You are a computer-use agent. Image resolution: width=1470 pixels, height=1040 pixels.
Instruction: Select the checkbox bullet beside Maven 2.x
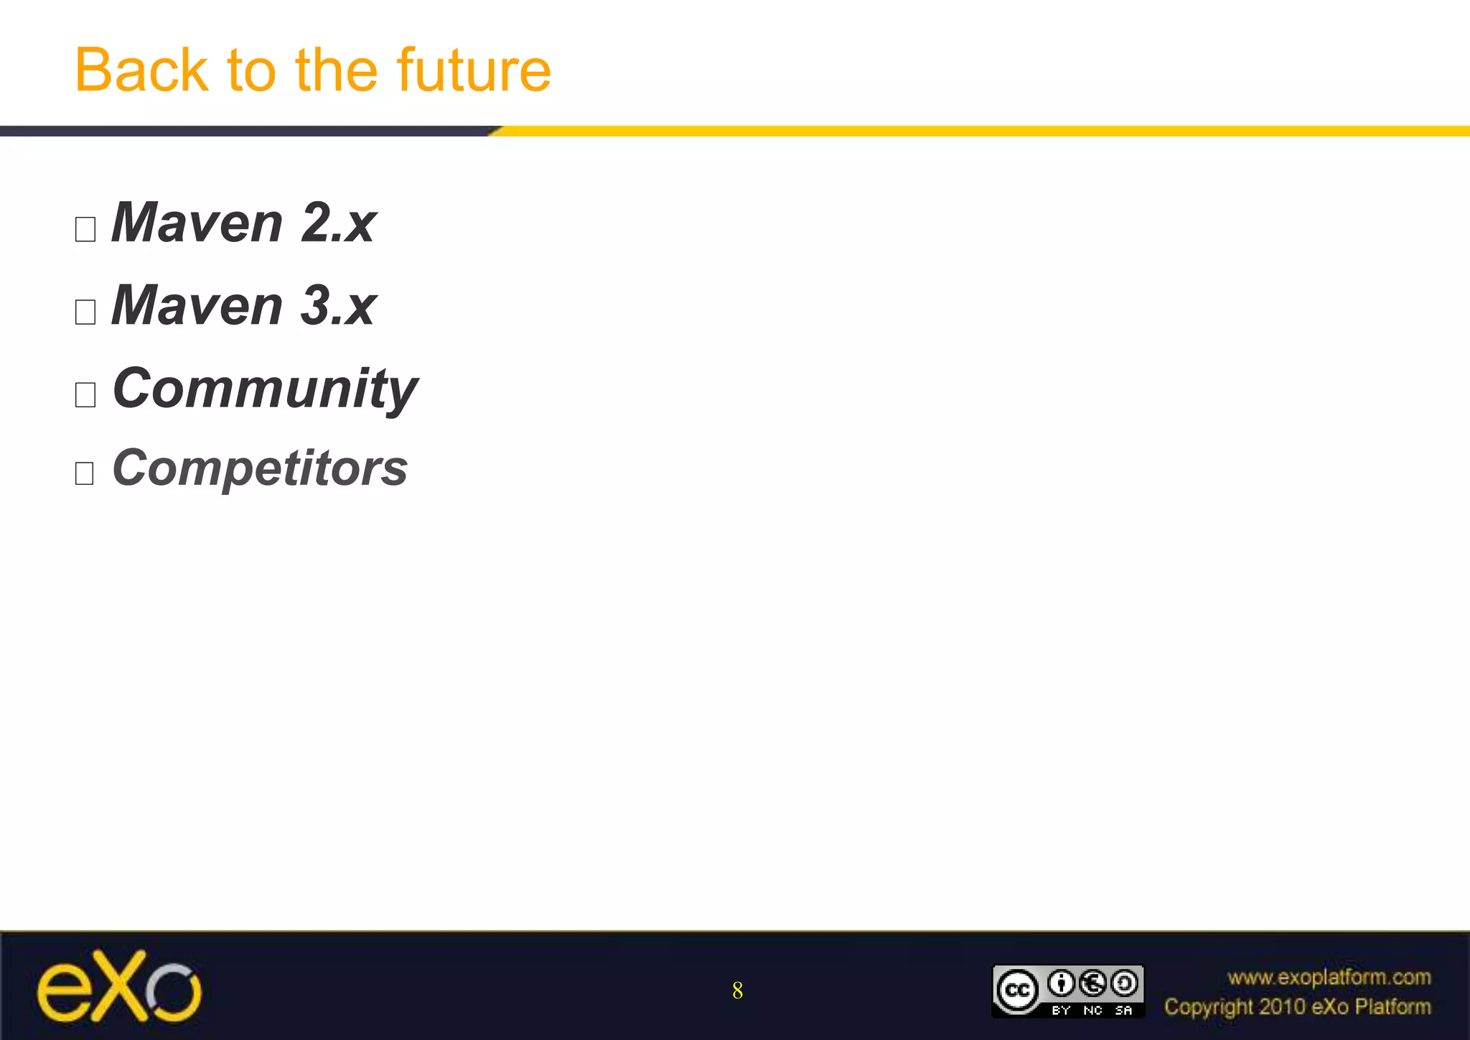(x=85, y=230)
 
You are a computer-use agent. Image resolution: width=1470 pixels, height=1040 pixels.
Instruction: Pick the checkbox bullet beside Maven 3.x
(x=85, y=312)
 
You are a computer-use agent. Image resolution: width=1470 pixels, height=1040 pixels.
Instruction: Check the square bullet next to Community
(x=85, y=395)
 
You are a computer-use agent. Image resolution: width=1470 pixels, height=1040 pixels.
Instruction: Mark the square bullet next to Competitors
(x=85, y=473)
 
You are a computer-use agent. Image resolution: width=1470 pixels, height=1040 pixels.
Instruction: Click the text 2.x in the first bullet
(x=338, y=223)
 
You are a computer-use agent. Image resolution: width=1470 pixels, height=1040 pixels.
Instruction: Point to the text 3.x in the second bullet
(x=338, y=306)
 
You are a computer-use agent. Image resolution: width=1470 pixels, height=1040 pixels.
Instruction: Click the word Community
(x=265, y=389)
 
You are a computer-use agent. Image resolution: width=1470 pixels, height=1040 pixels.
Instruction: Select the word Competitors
(x=260, y=468)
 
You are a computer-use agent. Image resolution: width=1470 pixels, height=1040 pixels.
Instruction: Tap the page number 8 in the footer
(x=737, y=991)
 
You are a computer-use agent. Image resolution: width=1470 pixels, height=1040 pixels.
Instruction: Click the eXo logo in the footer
(x=119, y=987)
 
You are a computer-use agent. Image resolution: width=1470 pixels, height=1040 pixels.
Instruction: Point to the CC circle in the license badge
(x=1017, y=990)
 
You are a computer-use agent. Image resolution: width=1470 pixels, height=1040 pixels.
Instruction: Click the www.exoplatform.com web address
(x=1329, y=978)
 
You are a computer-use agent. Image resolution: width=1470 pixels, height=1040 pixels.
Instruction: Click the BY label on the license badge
(x=1061, y=1011)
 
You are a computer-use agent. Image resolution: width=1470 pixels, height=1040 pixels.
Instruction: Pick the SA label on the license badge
(x=1123, y=1011)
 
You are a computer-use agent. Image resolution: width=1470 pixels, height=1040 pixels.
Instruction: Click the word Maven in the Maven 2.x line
(x=197, y=223)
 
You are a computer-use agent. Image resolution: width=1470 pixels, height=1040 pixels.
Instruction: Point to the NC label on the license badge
(x=1092, y=1011)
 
